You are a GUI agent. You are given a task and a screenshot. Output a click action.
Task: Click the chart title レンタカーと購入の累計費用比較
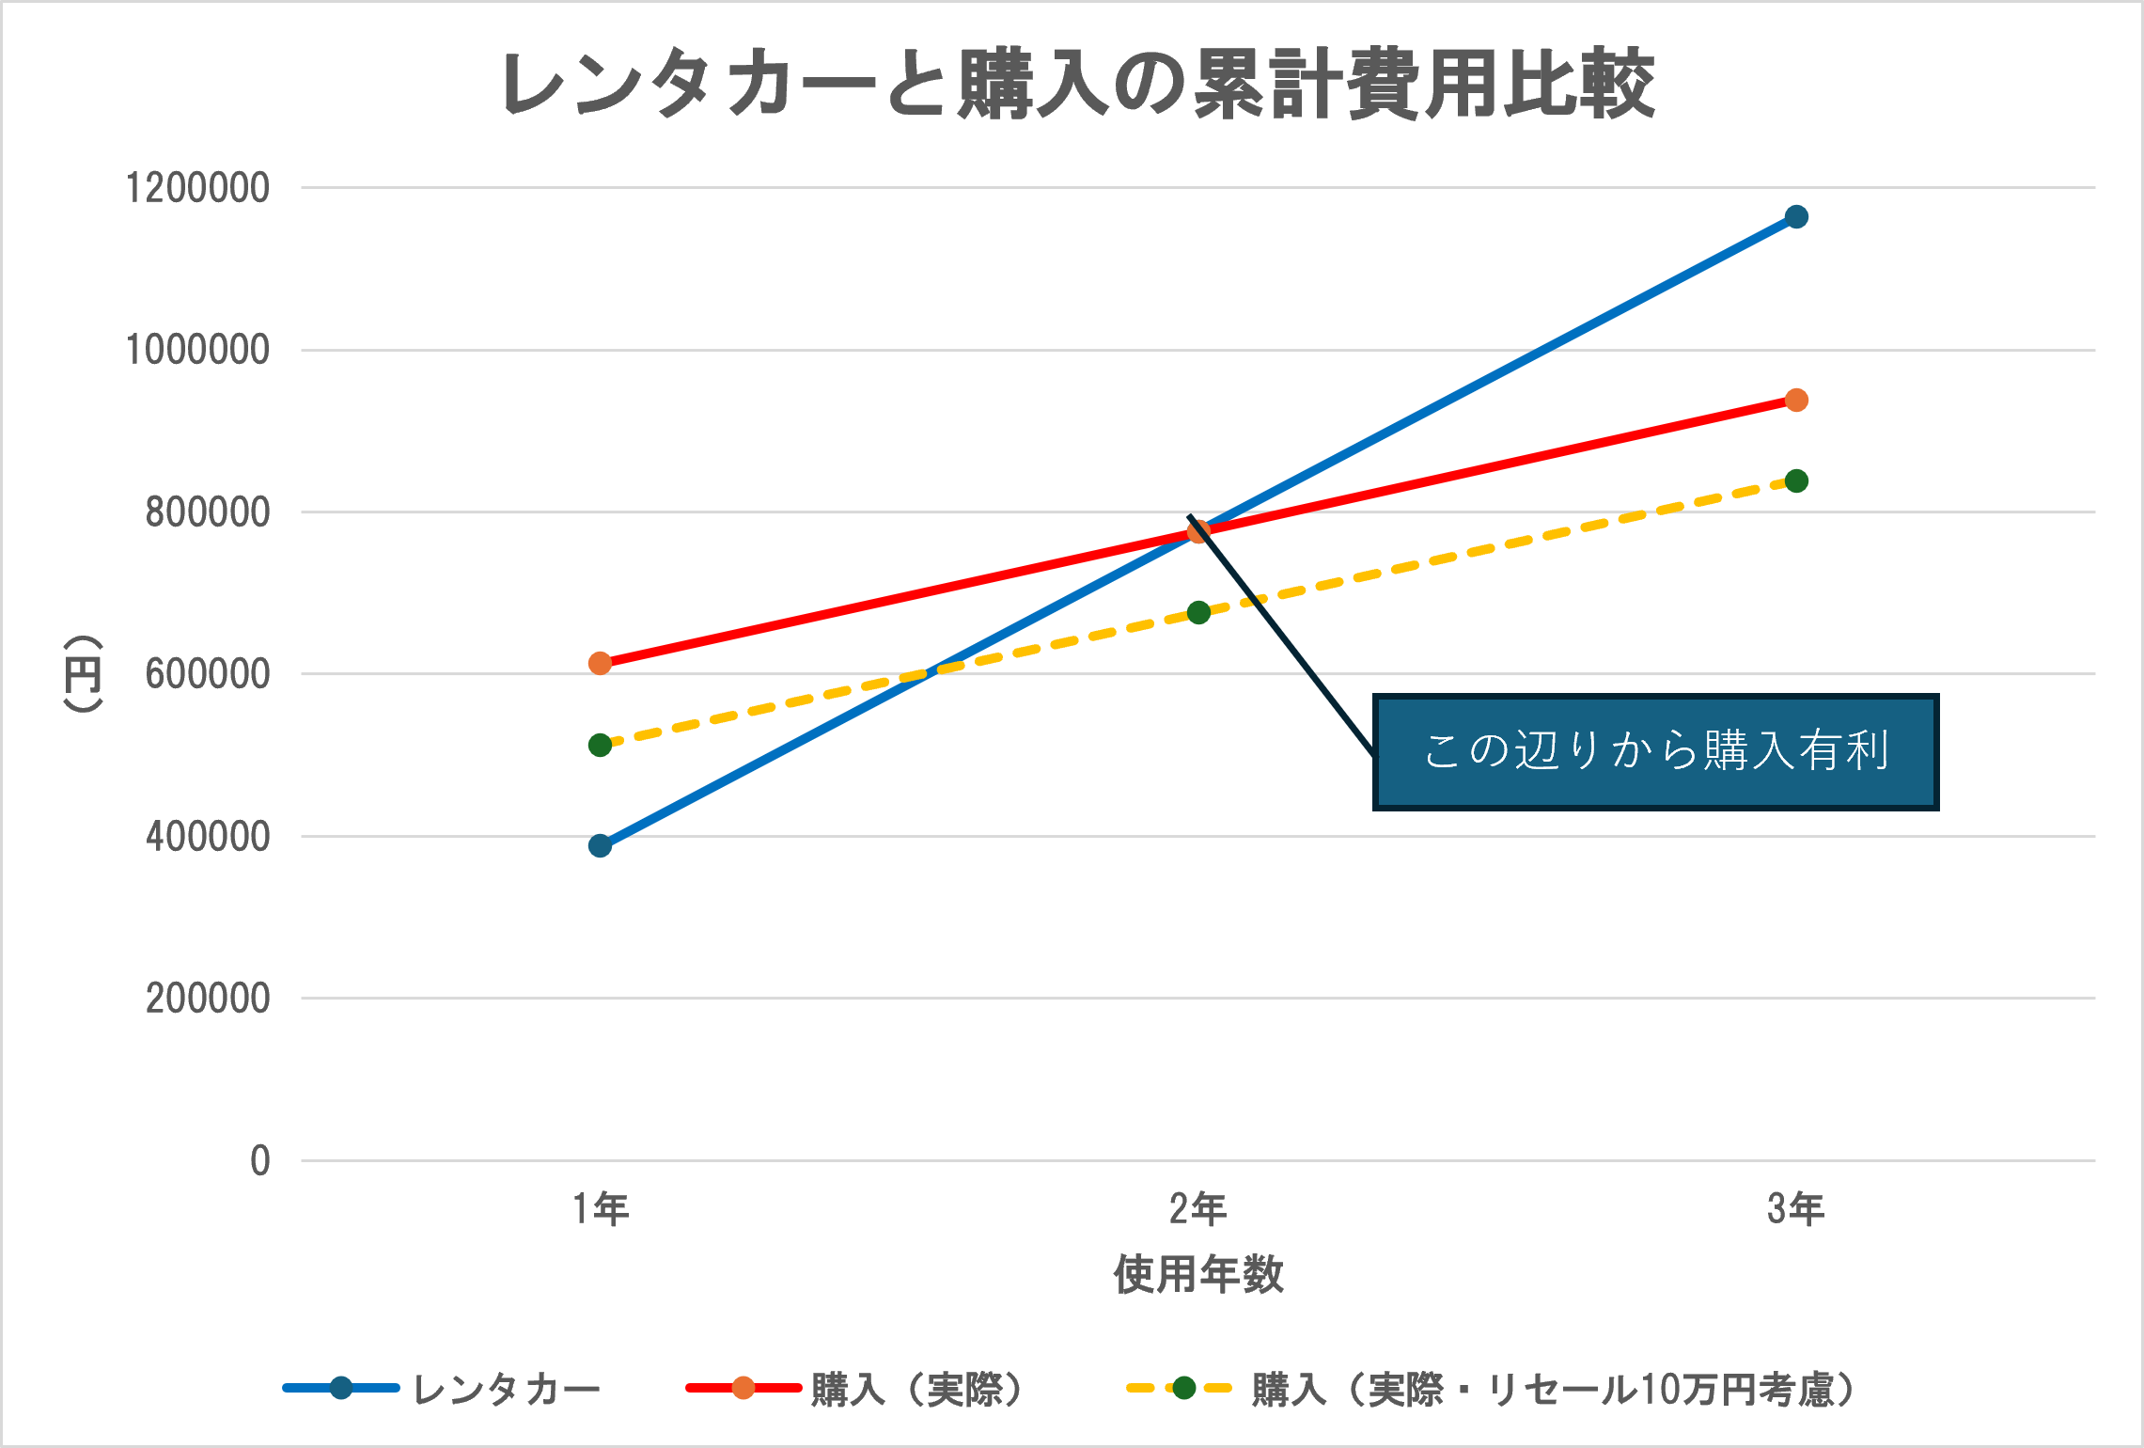[x=1077, y=85]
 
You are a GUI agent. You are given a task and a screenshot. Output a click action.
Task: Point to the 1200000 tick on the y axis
[x=197, y=188]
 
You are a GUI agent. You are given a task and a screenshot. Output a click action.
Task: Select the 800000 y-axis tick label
[x=207, y=512]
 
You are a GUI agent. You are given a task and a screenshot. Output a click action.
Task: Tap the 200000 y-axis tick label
[x=207, y=999]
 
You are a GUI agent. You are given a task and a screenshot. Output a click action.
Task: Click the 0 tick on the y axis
[x=260, y=1161]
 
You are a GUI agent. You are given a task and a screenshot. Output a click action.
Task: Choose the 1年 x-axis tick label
[x=601, y=1209]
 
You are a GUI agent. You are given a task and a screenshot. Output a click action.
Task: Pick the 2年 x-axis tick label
[x=1198, y=1209]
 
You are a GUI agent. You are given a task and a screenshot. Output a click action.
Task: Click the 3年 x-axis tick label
[x=1796, y=1209]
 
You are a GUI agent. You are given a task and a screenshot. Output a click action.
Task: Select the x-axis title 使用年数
[x=1198, y=1275]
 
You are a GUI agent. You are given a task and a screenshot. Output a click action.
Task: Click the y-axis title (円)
[x=83, y=673]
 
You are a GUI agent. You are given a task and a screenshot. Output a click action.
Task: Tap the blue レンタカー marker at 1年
[x=601, y=846]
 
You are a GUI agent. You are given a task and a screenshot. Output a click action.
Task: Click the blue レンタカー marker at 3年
[x=1796, y=217]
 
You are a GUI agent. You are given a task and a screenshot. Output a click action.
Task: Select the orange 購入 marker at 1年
[x=601, y=664]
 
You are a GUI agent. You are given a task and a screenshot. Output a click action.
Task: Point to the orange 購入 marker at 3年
[x=1796, y=401]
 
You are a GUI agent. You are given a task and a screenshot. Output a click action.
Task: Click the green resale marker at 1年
[x=601, y=746]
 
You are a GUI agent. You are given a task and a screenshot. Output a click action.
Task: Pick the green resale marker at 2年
[x=1198, y=613]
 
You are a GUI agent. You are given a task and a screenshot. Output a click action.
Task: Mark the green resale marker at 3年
[x=1796, y=481]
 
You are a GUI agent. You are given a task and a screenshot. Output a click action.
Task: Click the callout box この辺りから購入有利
[x=1655, y=752]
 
